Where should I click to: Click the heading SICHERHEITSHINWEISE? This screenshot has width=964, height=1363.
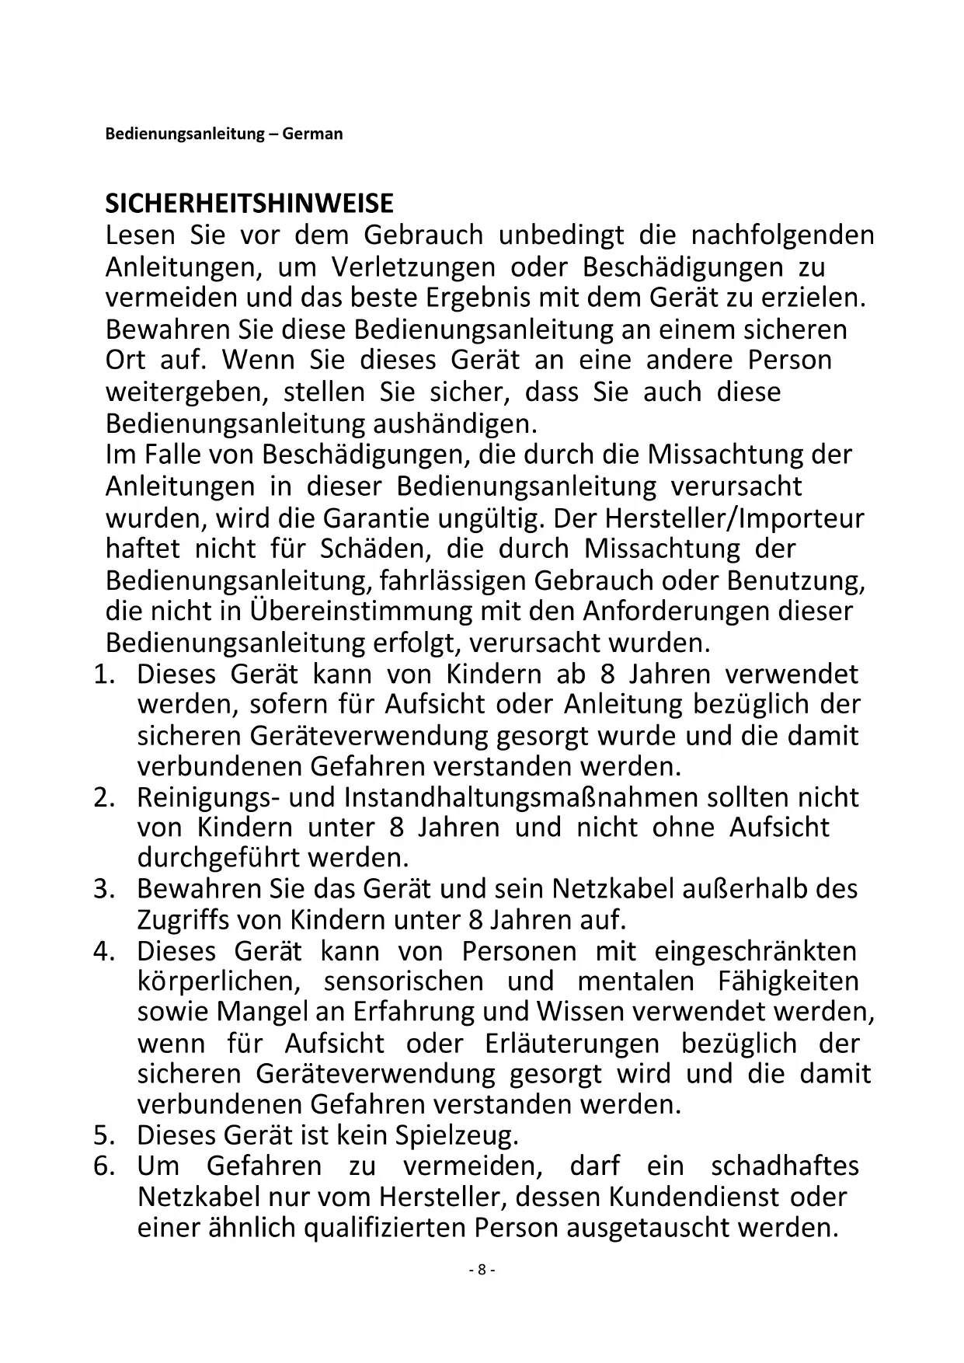[249, 204]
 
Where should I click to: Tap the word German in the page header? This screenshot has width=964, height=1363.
[312, 134]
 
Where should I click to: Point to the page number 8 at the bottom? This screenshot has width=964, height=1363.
[482, 1270]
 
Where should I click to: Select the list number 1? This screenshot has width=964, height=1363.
[104, 674]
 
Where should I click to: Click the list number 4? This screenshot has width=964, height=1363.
[104, 951]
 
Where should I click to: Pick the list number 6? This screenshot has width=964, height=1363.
[104, 1166]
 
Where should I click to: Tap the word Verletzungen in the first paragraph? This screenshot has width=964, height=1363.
[413, 267]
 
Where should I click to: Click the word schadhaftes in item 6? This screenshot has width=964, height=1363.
[785, 1166]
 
